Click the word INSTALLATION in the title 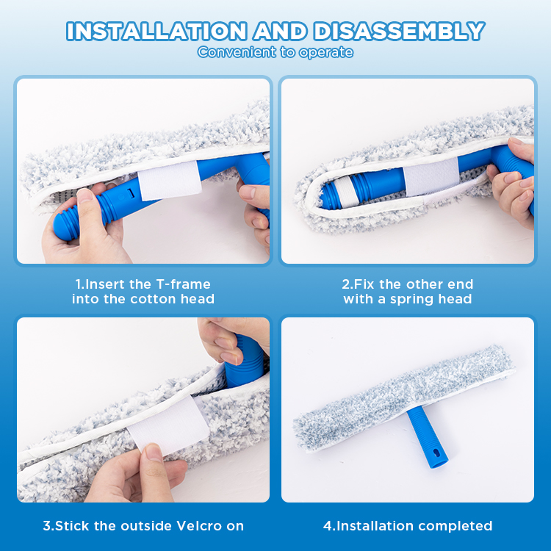pyautogui.click(x=156, y=31)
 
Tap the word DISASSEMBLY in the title pyautogui.click(x=399, y=31)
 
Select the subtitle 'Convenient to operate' pyautogui.click(x=275, y=52)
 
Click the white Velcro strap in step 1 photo pyautogui.click(x=170, y=181)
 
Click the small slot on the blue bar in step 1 pyautogui.click(x=131, y=192)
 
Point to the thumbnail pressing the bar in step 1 pyautogui.click(x=84, y=195)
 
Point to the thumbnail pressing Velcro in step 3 pyautogui.click(x=154, y=452)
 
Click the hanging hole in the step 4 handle pyautogui.click(x=436, y=453)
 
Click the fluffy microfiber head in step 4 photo pyautogui.click(x=404, y=399)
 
